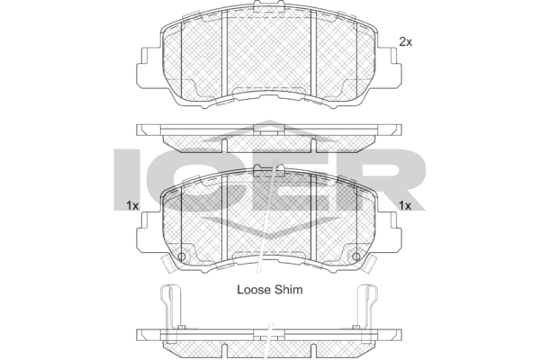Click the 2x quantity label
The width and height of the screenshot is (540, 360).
(x=405, y=42)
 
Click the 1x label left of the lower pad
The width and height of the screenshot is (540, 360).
(x=132, y=206)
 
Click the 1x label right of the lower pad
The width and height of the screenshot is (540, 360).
(x=405, y=206)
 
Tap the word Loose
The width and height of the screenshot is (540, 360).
(x=254, y=290)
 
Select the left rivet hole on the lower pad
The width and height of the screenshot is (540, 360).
(x=182, y=256)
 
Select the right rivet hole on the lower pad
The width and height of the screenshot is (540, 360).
(x=356, y=256)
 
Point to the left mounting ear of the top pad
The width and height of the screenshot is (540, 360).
(x=148, y=67)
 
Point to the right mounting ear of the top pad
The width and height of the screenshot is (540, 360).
(x=390, y=67)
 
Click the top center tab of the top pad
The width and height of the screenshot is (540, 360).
(x=269, y=6)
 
